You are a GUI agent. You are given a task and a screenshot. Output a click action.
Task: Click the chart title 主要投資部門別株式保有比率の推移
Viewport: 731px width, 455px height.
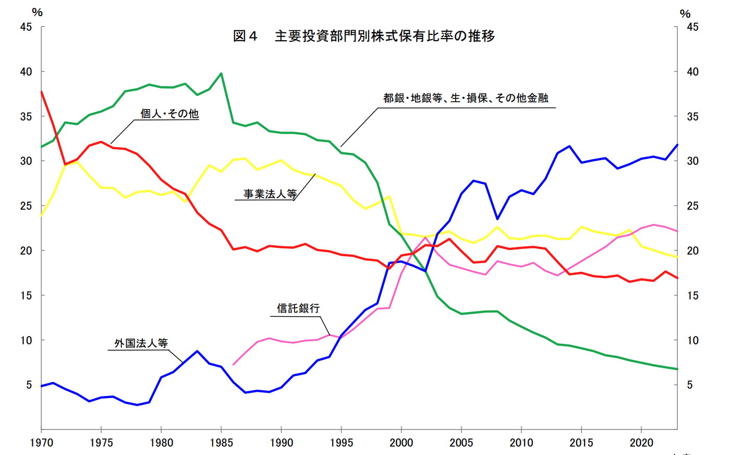point(385,36)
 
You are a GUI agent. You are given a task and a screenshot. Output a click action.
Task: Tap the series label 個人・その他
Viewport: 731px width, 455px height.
point(169,114)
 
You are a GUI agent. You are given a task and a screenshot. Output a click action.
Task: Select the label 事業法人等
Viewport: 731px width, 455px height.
point(270,194)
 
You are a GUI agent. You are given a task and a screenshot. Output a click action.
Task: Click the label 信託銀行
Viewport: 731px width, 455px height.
point(298,308)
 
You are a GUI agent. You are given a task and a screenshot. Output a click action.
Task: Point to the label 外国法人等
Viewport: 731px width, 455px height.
point(141,343)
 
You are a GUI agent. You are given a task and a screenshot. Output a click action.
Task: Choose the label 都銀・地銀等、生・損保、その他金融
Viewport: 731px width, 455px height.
point(466,98)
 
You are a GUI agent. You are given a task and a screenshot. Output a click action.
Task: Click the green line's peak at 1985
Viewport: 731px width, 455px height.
point(222,74)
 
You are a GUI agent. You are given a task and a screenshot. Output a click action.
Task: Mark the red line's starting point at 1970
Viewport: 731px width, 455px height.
point(41,91)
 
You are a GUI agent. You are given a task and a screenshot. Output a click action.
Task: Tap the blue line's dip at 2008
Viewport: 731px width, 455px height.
point(497,219)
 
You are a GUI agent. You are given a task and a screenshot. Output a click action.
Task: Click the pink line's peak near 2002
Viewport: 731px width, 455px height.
point(425,237)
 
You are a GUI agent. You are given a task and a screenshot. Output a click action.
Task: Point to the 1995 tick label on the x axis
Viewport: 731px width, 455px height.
point(341,443)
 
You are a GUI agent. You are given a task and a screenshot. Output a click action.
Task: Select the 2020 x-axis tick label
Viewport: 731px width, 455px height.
point(641,443)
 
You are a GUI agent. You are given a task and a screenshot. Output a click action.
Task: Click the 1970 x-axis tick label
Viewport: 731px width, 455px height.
point(41,443)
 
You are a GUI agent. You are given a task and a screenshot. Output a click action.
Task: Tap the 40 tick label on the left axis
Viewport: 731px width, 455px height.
point(26,72)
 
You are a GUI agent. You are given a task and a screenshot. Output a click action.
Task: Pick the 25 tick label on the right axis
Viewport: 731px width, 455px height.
point(692,206)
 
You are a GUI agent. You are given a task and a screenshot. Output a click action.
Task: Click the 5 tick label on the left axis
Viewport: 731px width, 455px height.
point(29,385)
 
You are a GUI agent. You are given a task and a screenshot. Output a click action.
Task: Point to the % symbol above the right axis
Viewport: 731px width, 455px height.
point(685,14)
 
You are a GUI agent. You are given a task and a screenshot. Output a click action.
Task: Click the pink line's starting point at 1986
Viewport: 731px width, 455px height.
point(233,365)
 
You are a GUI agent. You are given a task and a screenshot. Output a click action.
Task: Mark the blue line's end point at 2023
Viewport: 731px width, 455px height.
point(677,145)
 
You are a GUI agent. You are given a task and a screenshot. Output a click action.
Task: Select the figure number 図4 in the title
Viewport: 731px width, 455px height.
point(245,36)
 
